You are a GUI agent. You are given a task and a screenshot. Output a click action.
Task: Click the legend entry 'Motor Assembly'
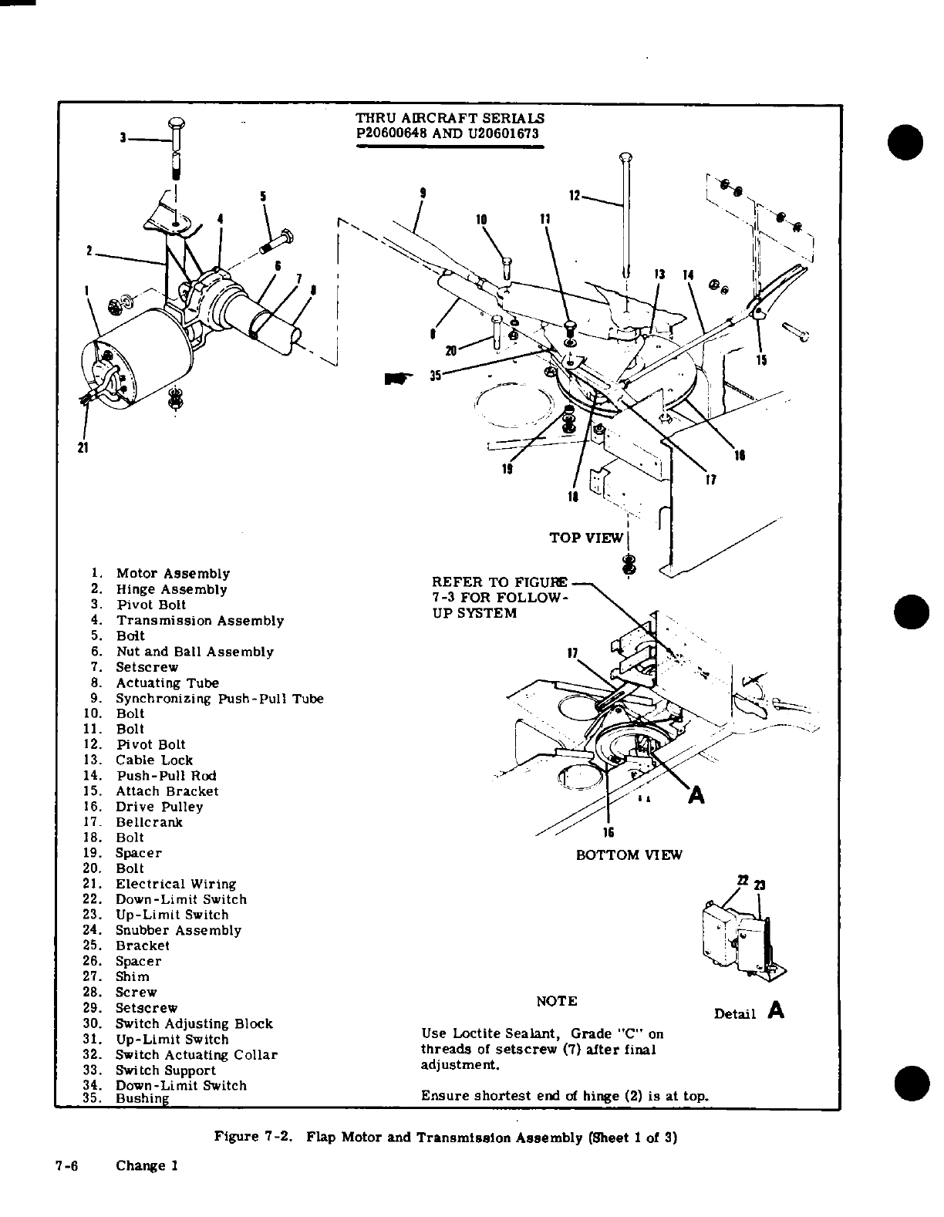pos(173,574)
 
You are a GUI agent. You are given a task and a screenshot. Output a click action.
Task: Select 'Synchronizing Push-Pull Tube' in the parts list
pos(219,699)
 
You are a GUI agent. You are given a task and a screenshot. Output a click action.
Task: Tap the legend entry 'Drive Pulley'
pos(159,807)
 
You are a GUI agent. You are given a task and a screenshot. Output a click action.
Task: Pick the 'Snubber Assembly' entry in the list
pos(178,930)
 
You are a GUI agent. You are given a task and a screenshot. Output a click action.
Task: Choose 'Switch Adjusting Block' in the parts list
pos(194,1023)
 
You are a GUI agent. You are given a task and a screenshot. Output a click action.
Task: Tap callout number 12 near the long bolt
pos(574,196)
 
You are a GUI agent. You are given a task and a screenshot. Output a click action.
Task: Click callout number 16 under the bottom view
pos(608,831)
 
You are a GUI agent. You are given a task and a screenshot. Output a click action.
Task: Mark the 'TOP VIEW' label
pos(586,538)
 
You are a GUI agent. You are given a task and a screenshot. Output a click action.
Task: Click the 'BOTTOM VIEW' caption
pos(629,855)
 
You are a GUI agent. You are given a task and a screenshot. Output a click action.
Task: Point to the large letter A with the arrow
pos(696,795)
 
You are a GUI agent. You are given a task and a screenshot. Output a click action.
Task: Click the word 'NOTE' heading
pos(556,1001)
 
